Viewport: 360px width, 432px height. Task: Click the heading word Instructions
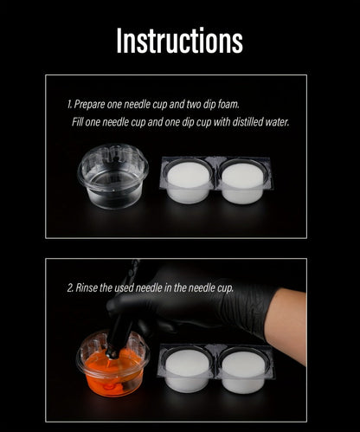click(x=179, y=40)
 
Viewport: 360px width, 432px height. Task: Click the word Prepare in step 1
click(x=89, y=105)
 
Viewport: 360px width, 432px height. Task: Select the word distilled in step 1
click(x=247, y=122)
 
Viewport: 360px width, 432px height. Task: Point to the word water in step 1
click(x=277, y=122)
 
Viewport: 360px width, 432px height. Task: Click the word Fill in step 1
click(x=77, y=122)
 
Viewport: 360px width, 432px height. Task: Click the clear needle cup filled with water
click(x=112, y=176)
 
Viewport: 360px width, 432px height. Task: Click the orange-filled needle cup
click(x=112, y=365)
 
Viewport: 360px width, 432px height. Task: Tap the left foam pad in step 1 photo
click(x=188, y=182)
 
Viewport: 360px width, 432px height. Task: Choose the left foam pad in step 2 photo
click(x=188, y=371)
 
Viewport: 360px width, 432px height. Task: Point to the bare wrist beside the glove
click(x=287, y=323)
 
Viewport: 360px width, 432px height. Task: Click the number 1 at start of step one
click(x=69, y=104)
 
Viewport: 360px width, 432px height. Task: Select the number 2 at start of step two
click(x=70, y=287)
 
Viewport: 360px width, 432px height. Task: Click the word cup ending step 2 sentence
click(x=225, y=288)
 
